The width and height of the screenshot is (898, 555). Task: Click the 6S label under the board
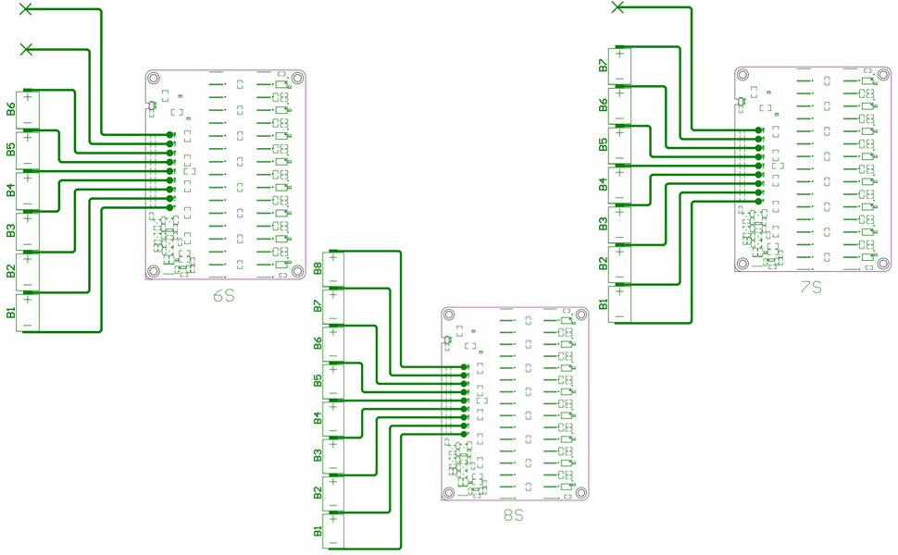(x=223, y=296)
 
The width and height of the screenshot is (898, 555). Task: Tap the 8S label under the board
(x=514, y=514)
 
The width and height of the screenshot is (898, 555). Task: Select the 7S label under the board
(x=811, y=288)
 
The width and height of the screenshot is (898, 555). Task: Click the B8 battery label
(x=318, y=268)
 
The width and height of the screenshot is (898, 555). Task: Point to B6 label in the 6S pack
(x=11, y=109)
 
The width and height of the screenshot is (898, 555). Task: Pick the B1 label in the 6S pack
(x=11, y=312)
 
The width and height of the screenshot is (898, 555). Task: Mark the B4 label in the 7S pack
(x=603, y=184)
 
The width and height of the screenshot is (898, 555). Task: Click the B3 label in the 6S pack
(x=11, y=230)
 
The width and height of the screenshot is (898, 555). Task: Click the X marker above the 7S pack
(x=618, y=7)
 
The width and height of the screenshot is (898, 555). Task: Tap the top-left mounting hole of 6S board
(x=154, y=80)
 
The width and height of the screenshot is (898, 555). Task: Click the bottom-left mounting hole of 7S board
(x=742, y=264)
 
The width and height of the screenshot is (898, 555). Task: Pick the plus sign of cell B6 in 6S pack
(x=28, y=97)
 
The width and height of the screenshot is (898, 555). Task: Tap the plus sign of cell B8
(x=333, y=257)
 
